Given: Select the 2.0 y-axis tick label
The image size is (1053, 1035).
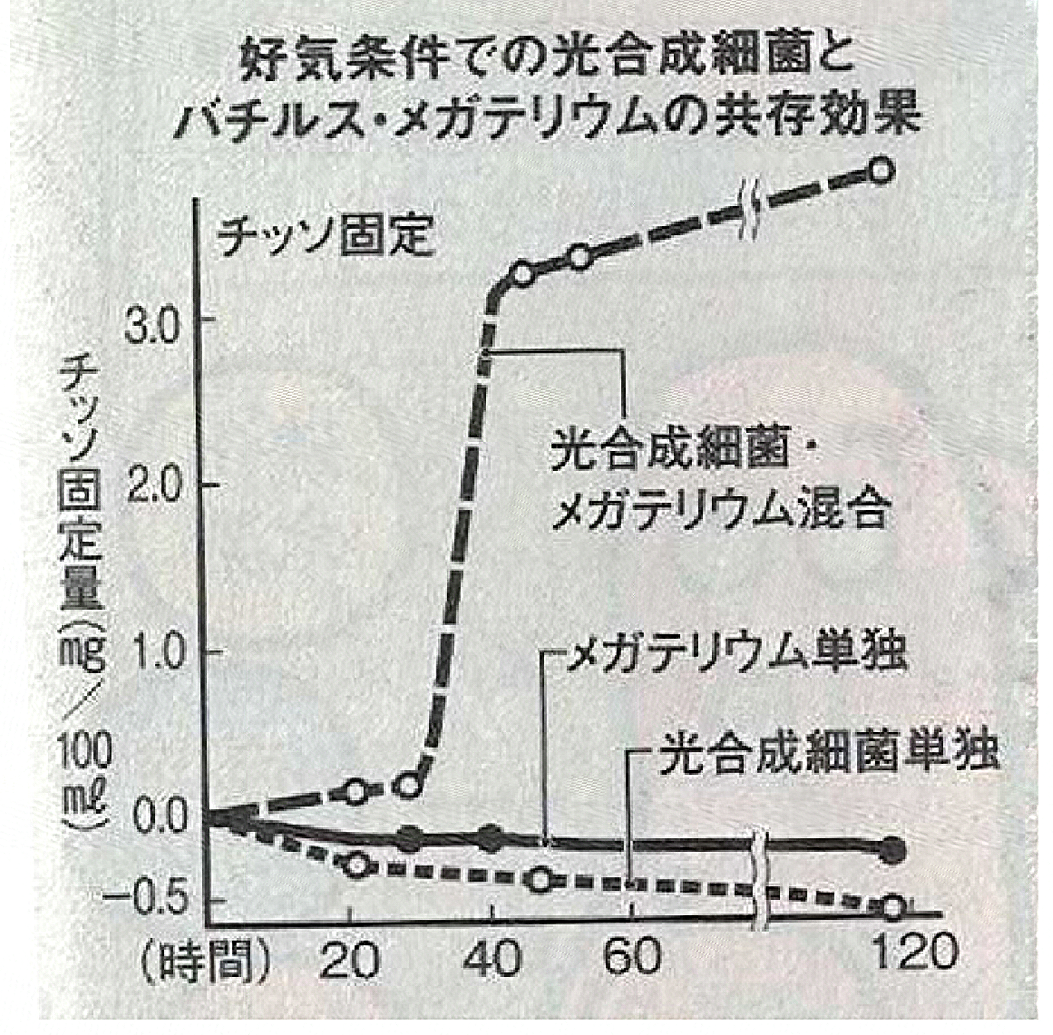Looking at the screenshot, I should point(156,486).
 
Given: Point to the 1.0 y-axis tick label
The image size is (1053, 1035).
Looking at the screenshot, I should point(156,652).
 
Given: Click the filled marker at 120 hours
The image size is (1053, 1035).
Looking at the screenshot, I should point(890,849).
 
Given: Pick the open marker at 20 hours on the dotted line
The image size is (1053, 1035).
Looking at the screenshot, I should point(356,866).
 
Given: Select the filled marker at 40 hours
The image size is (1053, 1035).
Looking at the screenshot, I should point(492,838).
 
